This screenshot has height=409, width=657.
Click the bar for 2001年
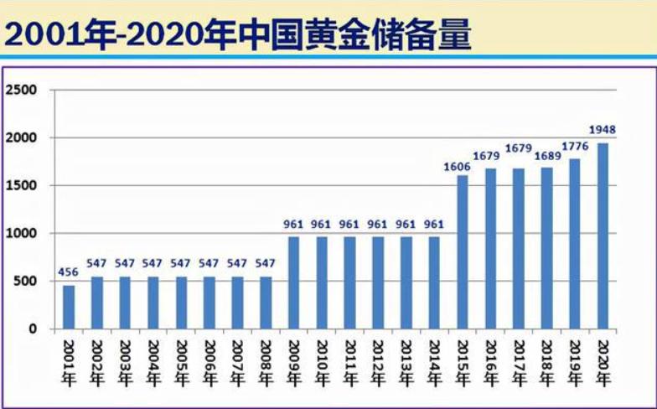(69, 307)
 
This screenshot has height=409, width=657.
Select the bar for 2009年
(294, 282)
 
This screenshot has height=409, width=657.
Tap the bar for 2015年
(463, 251)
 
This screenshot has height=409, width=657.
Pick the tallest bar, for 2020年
(603, 236)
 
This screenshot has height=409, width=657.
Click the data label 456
(69, 272)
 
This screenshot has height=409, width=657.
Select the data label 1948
(603, 130)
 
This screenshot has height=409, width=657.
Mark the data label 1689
(546, 155)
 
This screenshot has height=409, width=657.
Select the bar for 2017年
(519, 248)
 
